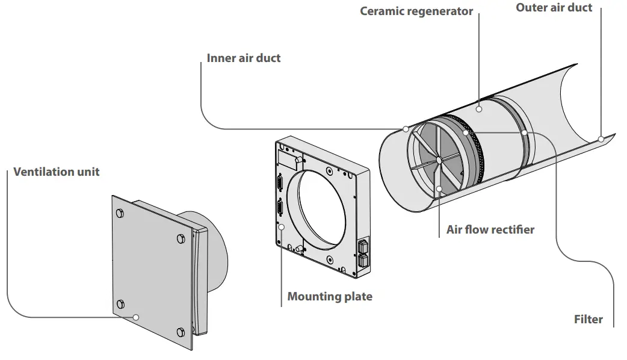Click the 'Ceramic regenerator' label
click(x=416, y=11)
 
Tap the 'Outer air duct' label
click(x=554, y=8)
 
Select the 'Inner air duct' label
click(x=244, y=58)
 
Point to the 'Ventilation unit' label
click(x=57, y=172)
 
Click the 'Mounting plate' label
click(x=330, y=296)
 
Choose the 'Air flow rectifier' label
click(x=490, y=229)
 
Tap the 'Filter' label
click(x=588, y=319)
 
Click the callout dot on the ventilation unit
click(x=136, y=317)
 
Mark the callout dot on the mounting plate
click(x=282, y=227)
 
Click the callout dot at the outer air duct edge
click(x=601, y=139)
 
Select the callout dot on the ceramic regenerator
click(x=478, y=109)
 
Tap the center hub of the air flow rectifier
click(x=439, y=160)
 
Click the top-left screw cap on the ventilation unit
click(x=120, y=213)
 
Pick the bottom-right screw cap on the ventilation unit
click(x=181, y=332)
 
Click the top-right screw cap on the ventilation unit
click(x=181, y=239)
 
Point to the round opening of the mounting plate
click(x=321, y=208)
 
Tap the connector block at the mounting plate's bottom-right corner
click(x=363, y=253)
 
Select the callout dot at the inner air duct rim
click(x=406, y=129)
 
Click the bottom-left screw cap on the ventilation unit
click(x=120, y=305)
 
